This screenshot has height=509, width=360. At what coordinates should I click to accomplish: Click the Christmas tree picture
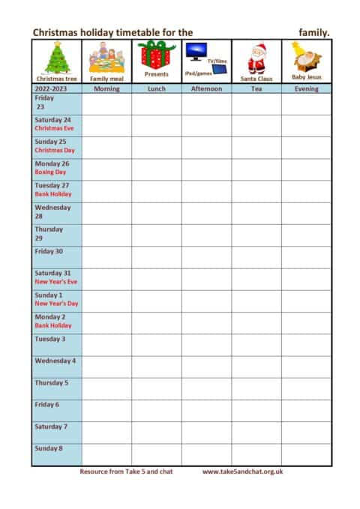pos(56,57)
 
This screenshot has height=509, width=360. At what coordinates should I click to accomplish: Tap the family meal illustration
pos(106,57)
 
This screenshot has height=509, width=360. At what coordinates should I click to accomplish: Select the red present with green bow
pos(156,55)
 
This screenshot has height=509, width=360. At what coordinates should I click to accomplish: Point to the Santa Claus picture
pos(256,57)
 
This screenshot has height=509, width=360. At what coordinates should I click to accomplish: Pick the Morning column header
pos(106,88)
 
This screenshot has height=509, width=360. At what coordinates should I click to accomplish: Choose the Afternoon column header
pos(206,88)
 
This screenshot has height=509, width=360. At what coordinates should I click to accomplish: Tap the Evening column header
pos(306,88)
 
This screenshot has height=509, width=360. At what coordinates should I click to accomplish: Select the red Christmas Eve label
pos(54,128)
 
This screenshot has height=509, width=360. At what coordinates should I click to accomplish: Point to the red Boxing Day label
pos(51,172)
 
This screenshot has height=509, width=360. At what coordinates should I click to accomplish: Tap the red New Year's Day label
pos(56,304)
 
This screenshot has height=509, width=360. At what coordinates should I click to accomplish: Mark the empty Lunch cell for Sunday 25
pos(156,147)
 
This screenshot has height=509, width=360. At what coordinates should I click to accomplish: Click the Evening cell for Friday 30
pos(306,256)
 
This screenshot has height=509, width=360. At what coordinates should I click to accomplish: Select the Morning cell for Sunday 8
pos(106,454)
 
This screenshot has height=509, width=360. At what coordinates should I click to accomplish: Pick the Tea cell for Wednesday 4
pos(256,367)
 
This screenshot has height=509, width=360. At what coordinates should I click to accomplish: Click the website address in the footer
pos(241,472)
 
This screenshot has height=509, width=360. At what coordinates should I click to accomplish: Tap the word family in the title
pos(313,32)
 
